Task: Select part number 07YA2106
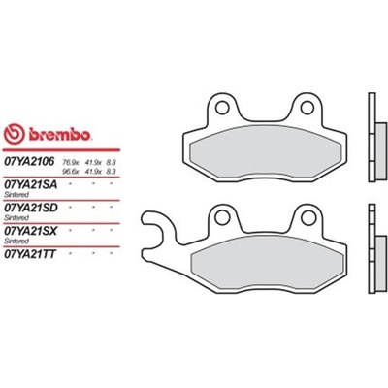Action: [x=30, y=161]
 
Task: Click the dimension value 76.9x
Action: [x=71, y=158]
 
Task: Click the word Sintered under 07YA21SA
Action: [x=18, y=193]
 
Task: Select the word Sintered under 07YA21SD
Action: [x=18, y=217]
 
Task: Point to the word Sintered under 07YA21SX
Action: [x=18, y=242]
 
